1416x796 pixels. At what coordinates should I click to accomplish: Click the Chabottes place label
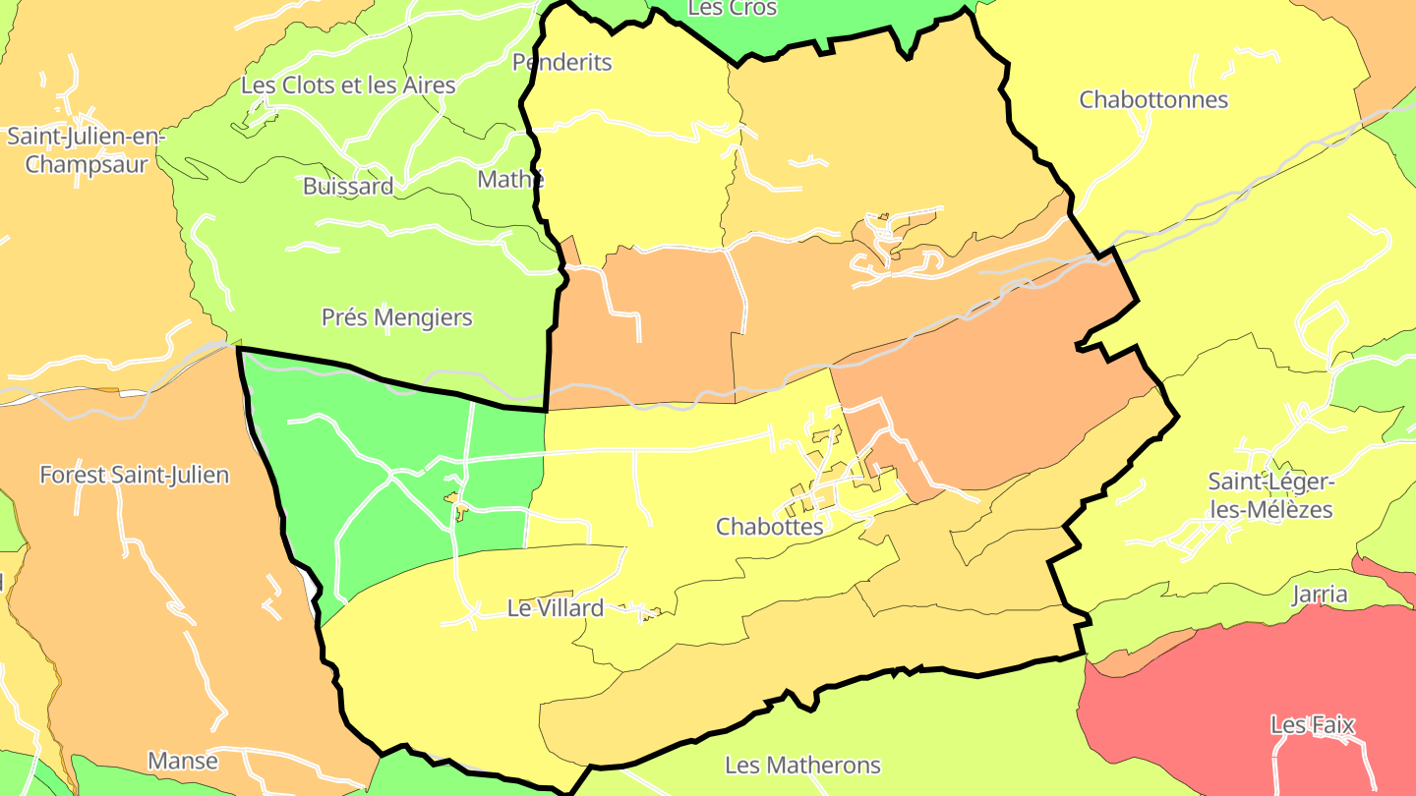click(x=769, y=526)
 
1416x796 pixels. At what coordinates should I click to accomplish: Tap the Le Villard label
click(x=555, y=608)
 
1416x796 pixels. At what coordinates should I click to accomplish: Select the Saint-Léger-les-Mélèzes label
click(x=1269, y=495)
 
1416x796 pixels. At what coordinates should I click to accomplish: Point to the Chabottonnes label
click(x=1153, y=99)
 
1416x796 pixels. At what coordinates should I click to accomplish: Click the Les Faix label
click(x=1312, y=725)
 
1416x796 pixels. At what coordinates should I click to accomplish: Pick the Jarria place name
click(x=1320, y=595)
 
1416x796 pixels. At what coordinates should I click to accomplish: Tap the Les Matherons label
click(x=802, y=765)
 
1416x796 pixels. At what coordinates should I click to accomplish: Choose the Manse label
click(x=183, y=761)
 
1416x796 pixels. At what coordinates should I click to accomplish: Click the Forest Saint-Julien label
click(x=134, y=475)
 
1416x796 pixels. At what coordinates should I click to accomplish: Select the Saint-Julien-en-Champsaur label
click(x=87, y=149)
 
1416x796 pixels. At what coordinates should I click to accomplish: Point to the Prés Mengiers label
click(x=396, y=317)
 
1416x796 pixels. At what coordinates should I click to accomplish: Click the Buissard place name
click(x=348, y=186)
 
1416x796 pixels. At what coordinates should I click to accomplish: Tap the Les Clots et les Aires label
click(x=348, y=85)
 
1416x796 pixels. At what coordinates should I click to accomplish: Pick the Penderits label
click(x=561, y=62)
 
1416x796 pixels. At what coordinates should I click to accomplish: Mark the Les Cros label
click(x=733, y=9)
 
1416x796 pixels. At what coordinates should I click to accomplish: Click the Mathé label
click(x=509, y=180)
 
